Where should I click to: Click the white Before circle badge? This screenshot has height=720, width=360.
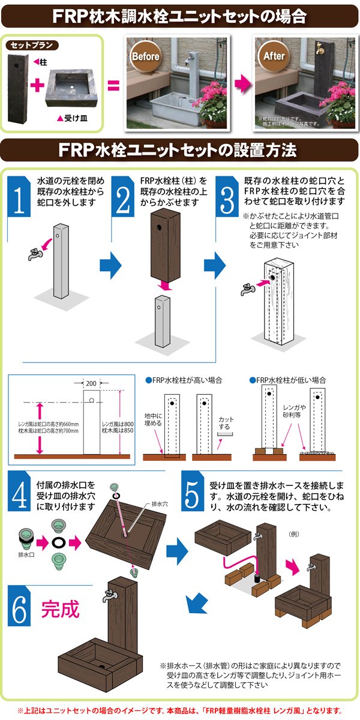coord(145,57)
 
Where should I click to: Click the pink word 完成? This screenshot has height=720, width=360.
coord(60,610)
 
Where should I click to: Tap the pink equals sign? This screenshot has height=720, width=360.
coord(112,85)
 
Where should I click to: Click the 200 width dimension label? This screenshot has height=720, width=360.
coord(91,382)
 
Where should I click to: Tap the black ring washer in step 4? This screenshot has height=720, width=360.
coord(59,542)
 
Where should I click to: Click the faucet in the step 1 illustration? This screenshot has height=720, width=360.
coord(34,254)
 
